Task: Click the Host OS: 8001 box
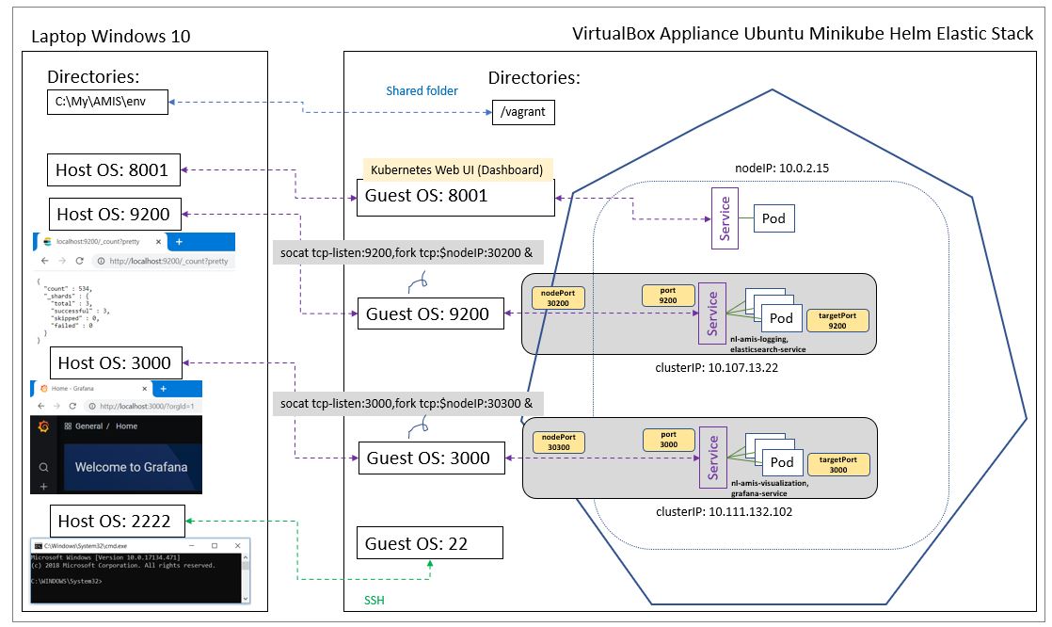[113, 170]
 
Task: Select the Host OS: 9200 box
[113, 214]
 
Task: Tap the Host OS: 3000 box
[114, 362]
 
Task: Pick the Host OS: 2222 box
[114, 521]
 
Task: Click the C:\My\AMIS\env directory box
[107, 102]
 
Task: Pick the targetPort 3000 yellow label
[837, 464]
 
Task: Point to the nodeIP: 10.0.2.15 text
[781, 168]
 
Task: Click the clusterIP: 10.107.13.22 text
[716, 367]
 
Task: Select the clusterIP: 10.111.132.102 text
[723, 512]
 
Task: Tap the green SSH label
[375, 600]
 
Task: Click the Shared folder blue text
[422, 91]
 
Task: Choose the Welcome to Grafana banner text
[131, 467]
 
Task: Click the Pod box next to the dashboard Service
[773, 218]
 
